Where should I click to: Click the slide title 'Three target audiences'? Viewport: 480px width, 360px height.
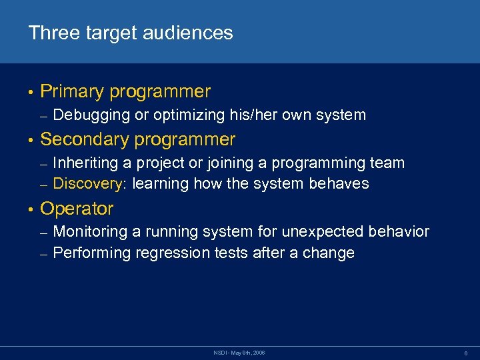pyautogui.click(x=131, y=33)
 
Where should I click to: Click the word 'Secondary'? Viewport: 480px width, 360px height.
pyautogui.click(x=85, y=139)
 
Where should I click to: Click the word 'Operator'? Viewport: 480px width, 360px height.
pyautogui.click(x=77, y=209)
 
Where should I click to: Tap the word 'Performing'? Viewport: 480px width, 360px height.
pyautogui.click(x=92, y=253)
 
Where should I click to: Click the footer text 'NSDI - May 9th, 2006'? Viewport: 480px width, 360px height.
pyautogui.click(x=240, y=351)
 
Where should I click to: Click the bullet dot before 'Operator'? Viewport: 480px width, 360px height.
pyautogui.click(x=31, y=209)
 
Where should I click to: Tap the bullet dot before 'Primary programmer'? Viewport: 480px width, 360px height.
pyautogui.click(x=31, y=92)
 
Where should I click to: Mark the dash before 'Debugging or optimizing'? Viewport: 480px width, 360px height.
pyautogui.click(x=43, y=116)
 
